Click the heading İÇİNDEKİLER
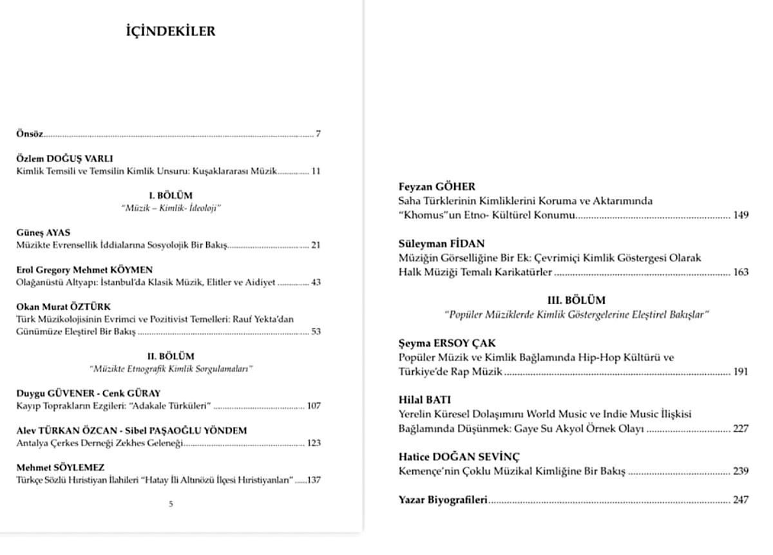coord(171,31)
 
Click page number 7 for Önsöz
coord(318,134)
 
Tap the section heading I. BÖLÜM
coord(171,195)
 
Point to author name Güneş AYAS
coord(43,232)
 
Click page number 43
coord(316,282)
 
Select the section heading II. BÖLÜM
coord(171,356)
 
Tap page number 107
coord(314,406)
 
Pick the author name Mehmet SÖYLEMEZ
coord(60,467)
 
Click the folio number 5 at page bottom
coord(171,504)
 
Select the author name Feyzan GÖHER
coord(437,187)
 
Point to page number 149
coord(741,215)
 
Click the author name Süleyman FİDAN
coord(442,243)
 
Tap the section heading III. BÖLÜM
coord(577,300)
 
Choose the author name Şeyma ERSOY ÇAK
coord(447,343)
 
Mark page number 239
coord(741,471)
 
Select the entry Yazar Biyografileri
coord(443,500)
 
